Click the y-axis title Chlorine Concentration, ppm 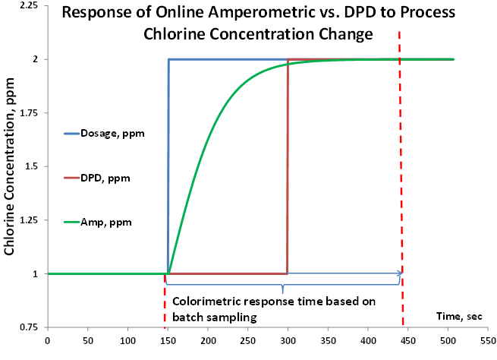(x=11, y=173)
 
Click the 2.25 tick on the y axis (x=30, y=5)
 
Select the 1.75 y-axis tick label (x=30, y=112)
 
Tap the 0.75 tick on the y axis (x=30, y=327)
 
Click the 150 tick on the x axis (x=168, y=341)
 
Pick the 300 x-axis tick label (x=288, y=341)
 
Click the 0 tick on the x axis (x=47, y=341)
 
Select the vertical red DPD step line (x=288, y=167)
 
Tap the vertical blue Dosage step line (x=168, y=167)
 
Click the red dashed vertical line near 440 (x=401, y=152)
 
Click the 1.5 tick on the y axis (x=33, y=166)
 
